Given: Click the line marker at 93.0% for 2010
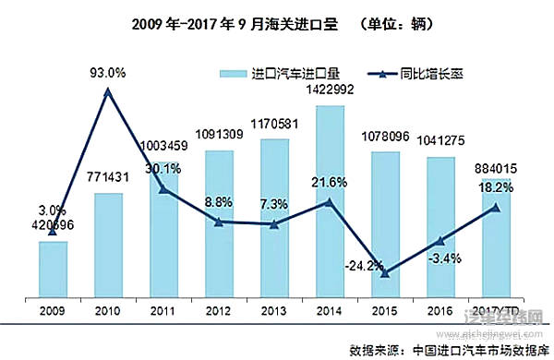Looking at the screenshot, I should pos(108,91).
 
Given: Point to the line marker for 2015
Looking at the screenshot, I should pos(385,272).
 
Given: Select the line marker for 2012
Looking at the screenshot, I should pos(219,222).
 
